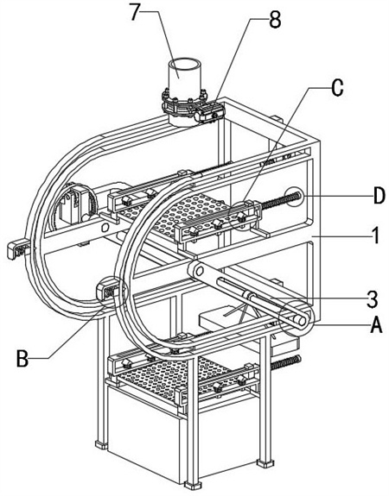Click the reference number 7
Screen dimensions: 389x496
point(135,12)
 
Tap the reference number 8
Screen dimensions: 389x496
point(275,20)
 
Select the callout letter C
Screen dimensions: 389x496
point(337,88)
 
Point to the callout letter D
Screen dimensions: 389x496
point(379,196)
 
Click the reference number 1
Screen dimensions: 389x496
point(375,235)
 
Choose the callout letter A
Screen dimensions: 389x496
point(376,325)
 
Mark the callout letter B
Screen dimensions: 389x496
point(22,359)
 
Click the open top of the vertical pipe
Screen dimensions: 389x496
point(184,63)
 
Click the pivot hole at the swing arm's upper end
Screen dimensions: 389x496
point(199,271)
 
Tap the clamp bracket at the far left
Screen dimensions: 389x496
point(18,250)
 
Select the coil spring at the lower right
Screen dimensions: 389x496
point(284,362)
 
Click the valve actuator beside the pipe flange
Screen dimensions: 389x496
point(209,113)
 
